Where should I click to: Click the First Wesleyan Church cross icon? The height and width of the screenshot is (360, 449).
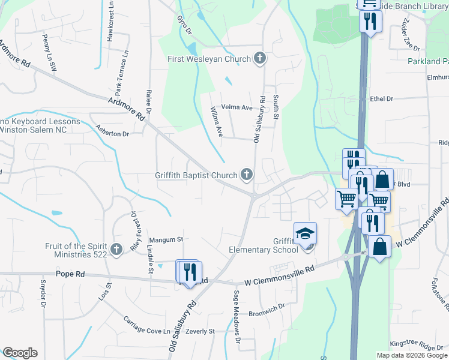click(259, 58)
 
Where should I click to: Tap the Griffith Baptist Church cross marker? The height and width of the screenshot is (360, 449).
click(246, 175)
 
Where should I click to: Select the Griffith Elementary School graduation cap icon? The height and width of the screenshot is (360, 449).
click(305, 233)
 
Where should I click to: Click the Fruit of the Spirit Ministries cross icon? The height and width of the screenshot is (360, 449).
click(116, 249)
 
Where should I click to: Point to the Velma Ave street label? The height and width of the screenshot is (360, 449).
click(237, 107)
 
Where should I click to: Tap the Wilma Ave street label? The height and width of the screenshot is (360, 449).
click(216, 121)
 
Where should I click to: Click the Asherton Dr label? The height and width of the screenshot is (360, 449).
click(112, 130)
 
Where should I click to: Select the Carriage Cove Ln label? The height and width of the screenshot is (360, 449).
click(147, 325)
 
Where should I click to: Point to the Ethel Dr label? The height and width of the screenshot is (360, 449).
click(382, 99)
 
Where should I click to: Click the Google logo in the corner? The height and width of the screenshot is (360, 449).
click(20, 353)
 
